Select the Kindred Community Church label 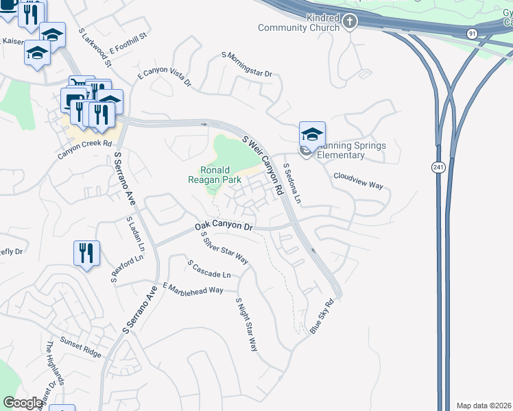(x=299, y=23)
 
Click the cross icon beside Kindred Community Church (x=350, y=23)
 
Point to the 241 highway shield (x=437, y=167)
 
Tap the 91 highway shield (x=472, y=33)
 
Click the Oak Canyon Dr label (x=224, y=226)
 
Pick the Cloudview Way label (x=357, y=181)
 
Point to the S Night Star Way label (x=246, y=325)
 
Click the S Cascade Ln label (x=209, y=269)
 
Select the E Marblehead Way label (x=193, y=288)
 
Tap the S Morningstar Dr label (x=247, y=64)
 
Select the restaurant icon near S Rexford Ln (x=87, y=254)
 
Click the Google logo (x=23, y=403)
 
